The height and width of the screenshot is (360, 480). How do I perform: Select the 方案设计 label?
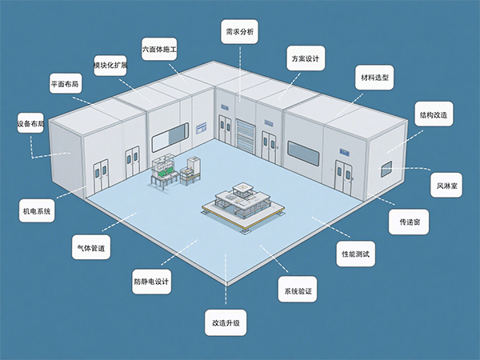[304, 58]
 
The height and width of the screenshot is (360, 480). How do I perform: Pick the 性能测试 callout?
[355, 254]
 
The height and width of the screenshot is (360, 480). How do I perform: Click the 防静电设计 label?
[152, 282]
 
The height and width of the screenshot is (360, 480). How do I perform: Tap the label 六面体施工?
[159, 50]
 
